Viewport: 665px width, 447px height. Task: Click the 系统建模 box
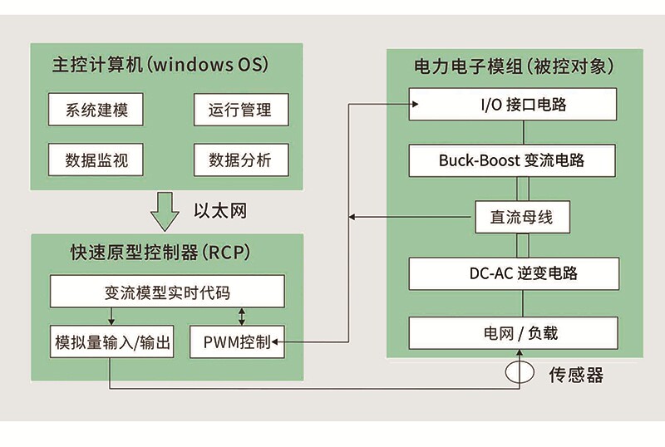(x=96, y=110)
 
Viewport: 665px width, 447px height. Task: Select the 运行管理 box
(x=241, y=110)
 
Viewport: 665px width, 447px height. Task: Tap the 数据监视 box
(x=96, y=160)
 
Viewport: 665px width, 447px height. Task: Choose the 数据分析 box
(x=241, y=160)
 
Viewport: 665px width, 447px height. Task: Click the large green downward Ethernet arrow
(x=165, y=211)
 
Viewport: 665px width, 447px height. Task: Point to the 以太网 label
(x=220, y=211)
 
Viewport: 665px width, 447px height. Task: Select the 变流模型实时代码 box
(x=167, y=292)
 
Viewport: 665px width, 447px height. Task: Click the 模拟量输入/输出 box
(x=112, y=341)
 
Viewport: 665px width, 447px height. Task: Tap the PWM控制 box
(x=237, y=341)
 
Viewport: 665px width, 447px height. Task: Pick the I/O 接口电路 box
(x=513, y=105)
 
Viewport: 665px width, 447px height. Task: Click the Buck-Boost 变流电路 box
(x=512, y=160)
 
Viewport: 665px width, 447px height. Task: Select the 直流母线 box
(x=522, y=217)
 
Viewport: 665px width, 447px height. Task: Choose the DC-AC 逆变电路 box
(x=514, y=273)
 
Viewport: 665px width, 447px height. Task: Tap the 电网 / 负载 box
(x=513, y=333)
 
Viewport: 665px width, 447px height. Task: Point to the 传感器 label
(x=576, y=375)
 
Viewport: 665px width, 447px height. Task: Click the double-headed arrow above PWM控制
(x=241, y=317)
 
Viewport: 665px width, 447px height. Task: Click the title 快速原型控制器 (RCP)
(x=160, y=253)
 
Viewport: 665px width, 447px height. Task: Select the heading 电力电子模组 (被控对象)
(x=515, y=66)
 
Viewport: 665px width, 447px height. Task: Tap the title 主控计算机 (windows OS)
(x=160, y=65)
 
